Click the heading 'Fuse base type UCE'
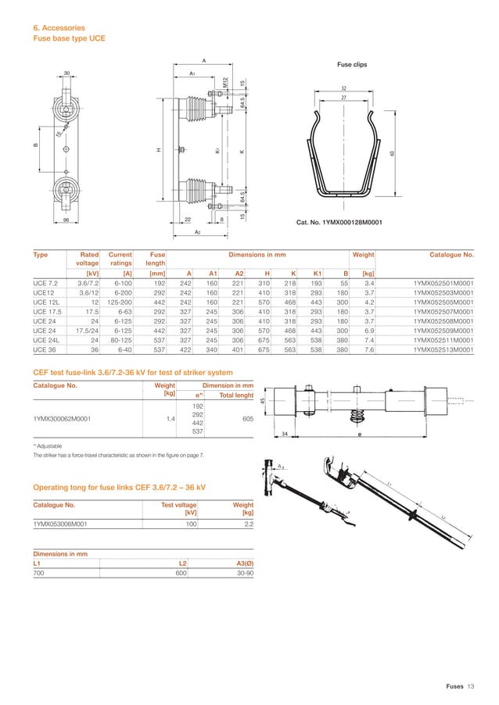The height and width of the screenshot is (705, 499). pyautogui.click(x=69, y=38)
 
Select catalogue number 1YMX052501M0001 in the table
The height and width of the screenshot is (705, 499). pyautogui.click(x=443, y=282)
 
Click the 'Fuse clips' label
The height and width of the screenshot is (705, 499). pyautogui.click(x=350, y=65)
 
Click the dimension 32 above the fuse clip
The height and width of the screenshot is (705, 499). pyautogui.click(x=343, y=89)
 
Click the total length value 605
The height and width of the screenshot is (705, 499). pyautogui.click(x=247, y=419)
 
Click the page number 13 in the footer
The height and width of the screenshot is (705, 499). pyautogui.click(x=471, y=686)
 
